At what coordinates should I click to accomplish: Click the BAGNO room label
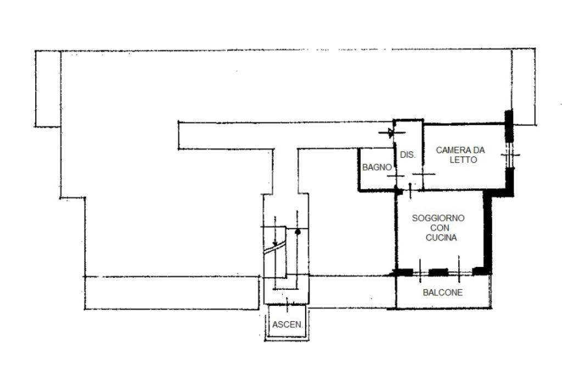click(x=376, y=167)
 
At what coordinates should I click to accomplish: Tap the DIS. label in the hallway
click(x=408, y=155)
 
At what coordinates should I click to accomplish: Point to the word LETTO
click(x=463, y=160)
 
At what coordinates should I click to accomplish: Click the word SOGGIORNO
click(x=438, y=218)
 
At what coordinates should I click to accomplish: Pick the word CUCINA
click(x=441, y=237)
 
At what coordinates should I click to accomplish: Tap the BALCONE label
click(x=443, y=293)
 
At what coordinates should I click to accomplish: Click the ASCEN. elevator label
click(x=287, y=325)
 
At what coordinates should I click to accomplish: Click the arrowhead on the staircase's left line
click(x=275, y=244)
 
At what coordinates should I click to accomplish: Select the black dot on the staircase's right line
click(x=297, y=232)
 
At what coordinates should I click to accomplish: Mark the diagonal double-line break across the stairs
click(x=274, y=248)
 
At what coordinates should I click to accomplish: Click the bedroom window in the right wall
click(x=509, y=155)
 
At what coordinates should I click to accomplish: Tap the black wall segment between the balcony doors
click(x=439, y=272)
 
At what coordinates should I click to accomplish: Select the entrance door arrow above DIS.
click(x=391, y=133)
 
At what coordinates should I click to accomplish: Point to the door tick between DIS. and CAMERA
click(x=424, y=174)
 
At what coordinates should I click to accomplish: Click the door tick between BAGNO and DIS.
click(x=395, y=176)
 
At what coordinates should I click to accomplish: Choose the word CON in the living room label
click(x=440, y=228)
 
